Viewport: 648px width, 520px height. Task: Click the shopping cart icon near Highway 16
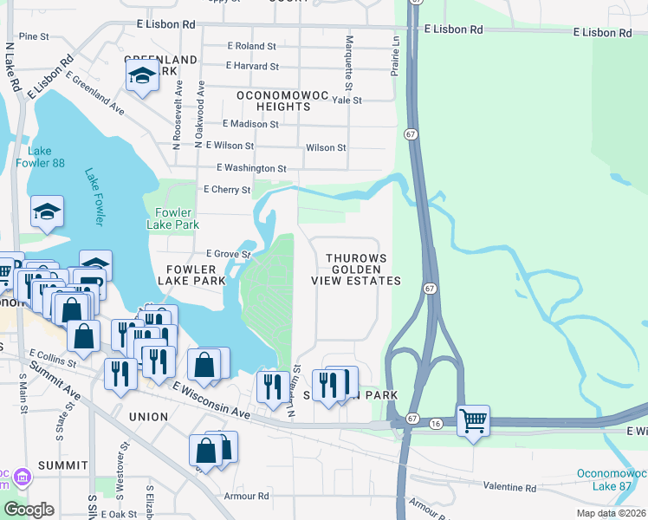(x=473, y=421)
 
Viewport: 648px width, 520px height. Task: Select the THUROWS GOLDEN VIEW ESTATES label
(x=363, y=270)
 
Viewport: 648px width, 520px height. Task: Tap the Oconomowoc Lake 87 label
(x=612, y=480)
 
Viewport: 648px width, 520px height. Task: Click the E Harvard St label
(x=252, y=66)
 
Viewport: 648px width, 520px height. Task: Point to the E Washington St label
(x=251, y=167)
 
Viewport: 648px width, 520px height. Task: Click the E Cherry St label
(x=226, y=189)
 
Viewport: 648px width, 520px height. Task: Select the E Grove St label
(x=228, y=254)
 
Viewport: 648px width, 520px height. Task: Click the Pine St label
(x=34, y=36)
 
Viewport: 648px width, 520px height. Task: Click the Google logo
(x=29, y=510)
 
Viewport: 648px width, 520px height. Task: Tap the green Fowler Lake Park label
(x=178, y=218)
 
